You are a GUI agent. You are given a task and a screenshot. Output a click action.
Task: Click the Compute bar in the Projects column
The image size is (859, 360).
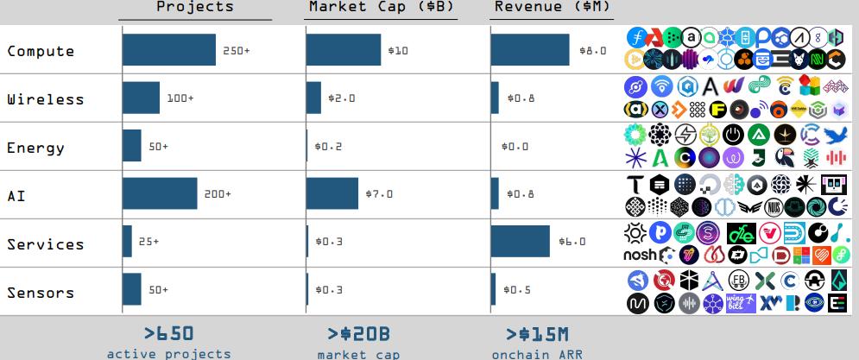pyautogui.click(x=169, y=50)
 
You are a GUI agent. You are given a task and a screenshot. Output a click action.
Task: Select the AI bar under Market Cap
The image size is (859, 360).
pyautogui.click(x=332, y=193)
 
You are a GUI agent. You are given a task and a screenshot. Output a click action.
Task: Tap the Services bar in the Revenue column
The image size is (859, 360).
pyautogui.click(x=520, y=242)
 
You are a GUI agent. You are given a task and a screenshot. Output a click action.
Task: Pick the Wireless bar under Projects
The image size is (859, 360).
pyautogui.click(x=141, y=98)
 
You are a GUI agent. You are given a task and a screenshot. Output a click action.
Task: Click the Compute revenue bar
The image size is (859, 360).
pyautogui.click(x=529, y=50)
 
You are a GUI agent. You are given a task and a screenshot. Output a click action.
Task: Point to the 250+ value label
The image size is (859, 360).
pyautogui.click(x=236, y=51)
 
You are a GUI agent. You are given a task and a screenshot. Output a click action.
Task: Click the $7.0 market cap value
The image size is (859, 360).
pyautogui.click(x=379, y=194)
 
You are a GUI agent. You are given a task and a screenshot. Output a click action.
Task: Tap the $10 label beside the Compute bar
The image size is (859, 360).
pyautogui.click(x=398, y=51)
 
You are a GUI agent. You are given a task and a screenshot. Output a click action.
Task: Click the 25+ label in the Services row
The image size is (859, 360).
pyautogui.click(x=149, y=242)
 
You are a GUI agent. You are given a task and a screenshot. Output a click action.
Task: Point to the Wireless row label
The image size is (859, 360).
pyautogui.click(x=46, y=99)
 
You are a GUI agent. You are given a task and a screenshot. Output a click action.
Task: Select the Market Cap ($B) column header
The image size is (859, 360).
pyautogui.click(x=382, y=7)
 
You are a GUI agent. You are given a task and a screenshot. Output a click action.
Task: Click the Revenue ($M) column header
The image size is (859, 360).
pyautogui.click(x=553, y=7)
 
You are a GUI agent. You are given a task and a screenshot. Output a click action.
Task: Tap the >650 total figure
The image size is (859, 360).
pyautogui.click(x=168, y=333)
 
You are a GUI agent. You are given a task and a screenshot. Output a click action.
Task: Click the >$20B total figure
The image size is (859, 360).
pyautogui.click(x=358, y=333)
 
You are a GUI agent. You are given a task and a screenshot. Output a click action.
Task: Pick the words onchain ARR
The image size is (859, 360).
pyautogui.click(x=537, y=353)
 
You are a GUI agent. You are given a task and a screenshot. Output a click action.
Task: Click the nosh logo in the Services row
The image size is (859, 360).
pyautogui.click(x=639, y=255)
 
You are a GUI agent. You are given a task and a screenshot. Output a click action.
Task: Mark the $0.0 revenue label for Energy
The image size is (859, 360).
pyautogui.click(x=516, y=146)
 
